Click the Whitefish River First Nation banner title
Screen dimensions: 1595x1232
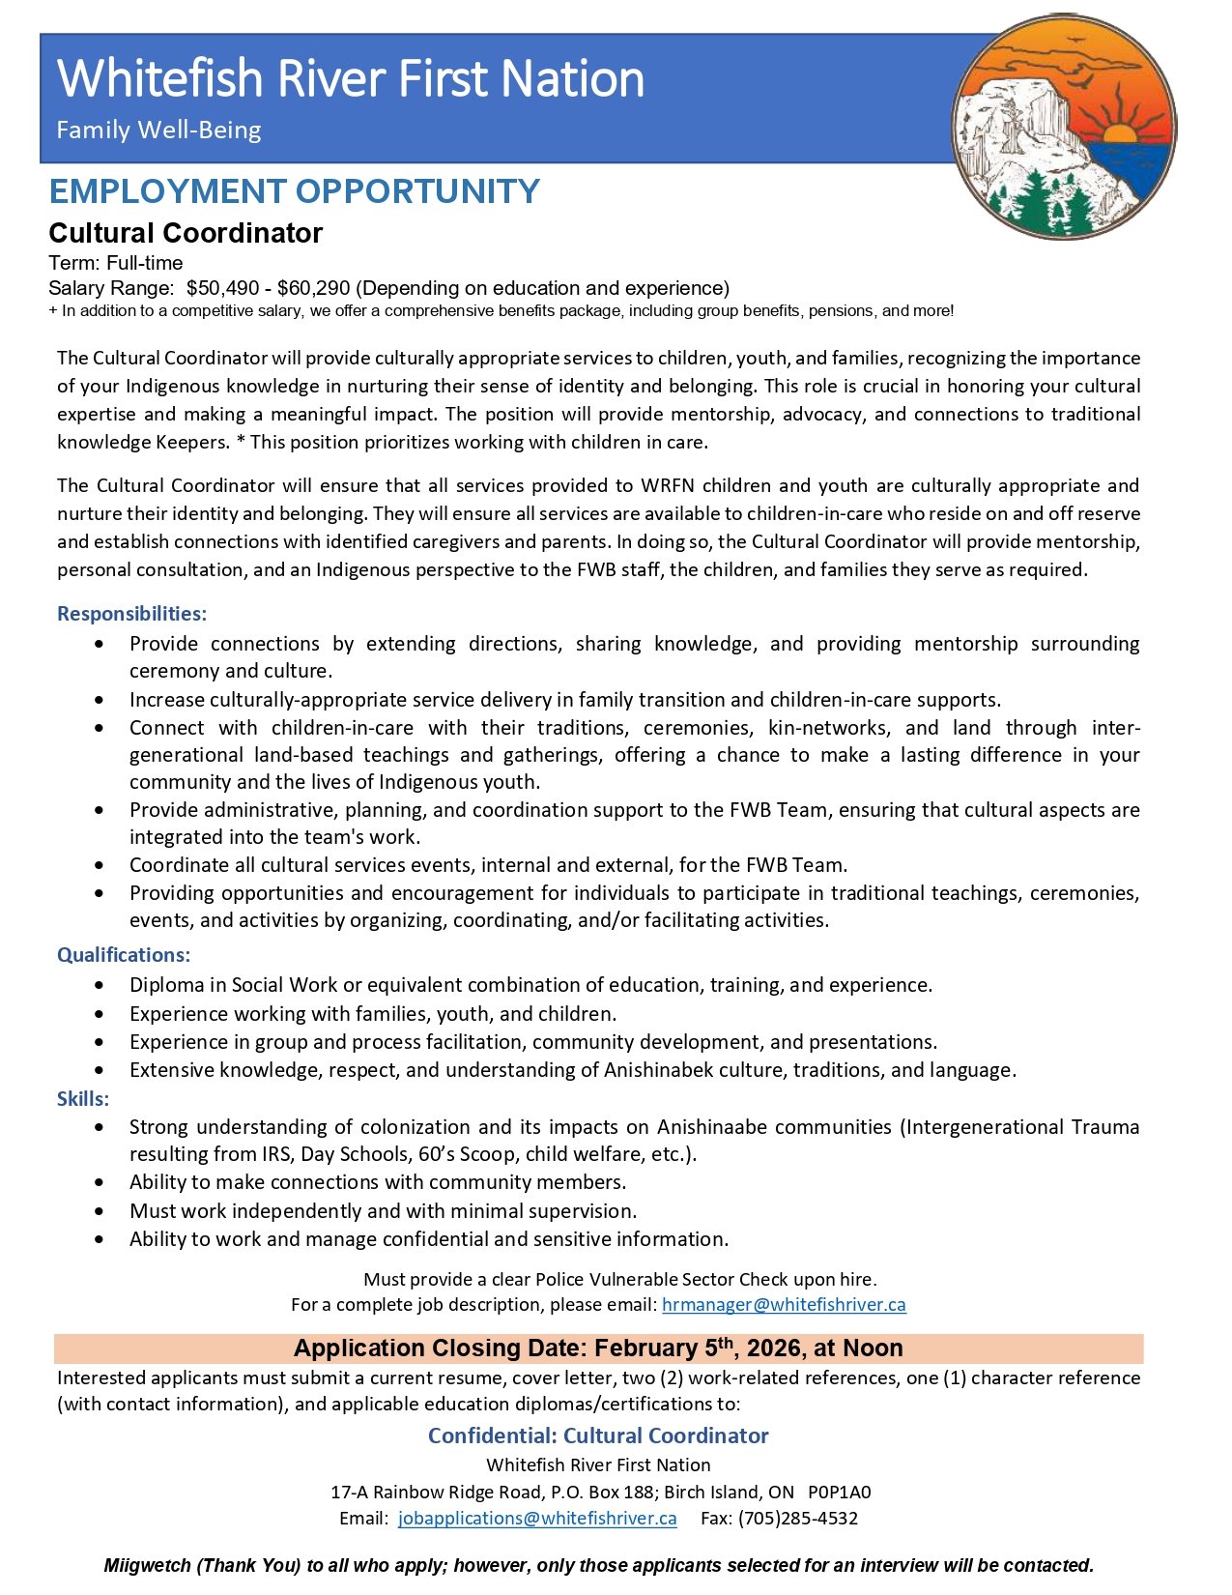coord(351,79)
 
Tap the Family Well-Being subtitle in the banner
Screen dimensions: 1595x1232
coord(158,130)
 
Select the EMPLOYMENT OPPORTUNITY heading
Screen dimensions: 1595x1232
coord(294,191)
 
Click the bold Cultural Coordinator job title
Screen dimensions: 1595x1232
coord(186,233)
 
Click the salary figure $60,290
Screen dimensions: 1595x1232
coord(313,288)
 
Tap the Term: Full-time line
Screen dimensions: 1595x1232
coord(116,263)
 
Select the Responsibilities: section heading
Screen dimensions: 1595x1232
coord(131,614)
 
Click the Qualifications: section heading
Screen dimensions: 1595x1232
coord(124,955)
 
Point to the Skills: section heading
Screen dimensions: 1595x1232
coord(83,1099)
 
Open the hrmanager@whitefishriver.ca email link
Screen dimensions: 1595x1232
coord(784,1305)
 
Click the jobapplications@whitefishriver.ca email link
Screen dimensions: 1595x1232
coord(537,1519)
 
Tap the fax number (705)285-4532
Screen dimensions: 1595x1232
coord(798,1519)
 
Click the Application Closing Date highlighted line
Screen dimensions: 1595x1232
coord(598,1348)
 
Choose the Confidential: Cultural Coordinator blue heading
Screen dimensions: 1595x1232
coord(598,1436)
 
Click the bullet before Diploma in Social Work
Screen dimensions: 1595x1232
coord(100,986)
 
